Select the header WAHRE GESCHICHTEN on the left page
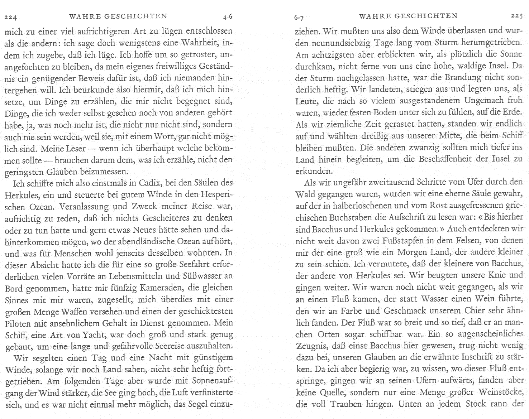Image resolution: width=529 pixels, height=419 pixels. point(118,16)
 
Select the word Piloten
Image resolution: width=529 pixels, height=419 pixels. point(18,323)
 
